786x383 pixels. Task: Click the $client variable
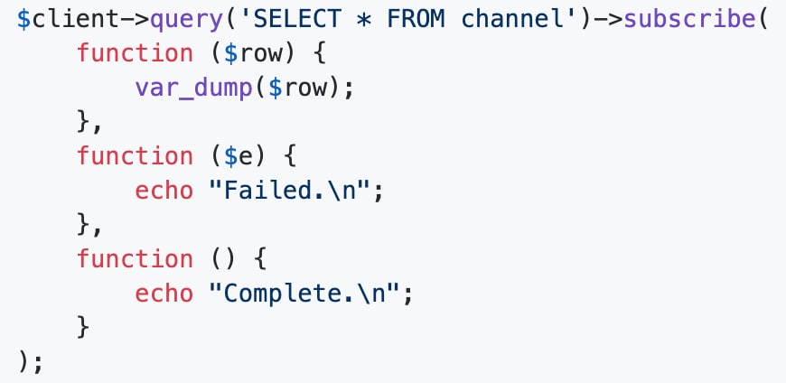[x=55, y=20]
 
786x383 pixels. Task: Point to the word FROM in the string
[x=416, y=20]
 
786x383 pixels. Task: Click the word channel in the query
[x=511, y=20]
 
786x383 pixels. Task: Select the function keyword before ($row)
[x=135, y=53]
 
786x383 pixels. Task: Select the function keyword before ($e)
[x=135, y=156]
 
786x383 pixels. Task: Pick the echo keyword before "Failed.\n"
[x=164, y=191]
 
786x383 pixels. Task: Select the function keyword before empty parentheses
[x=135, y=259]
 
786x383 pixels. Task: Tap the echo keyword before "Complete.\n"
[x=164, y=294]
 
